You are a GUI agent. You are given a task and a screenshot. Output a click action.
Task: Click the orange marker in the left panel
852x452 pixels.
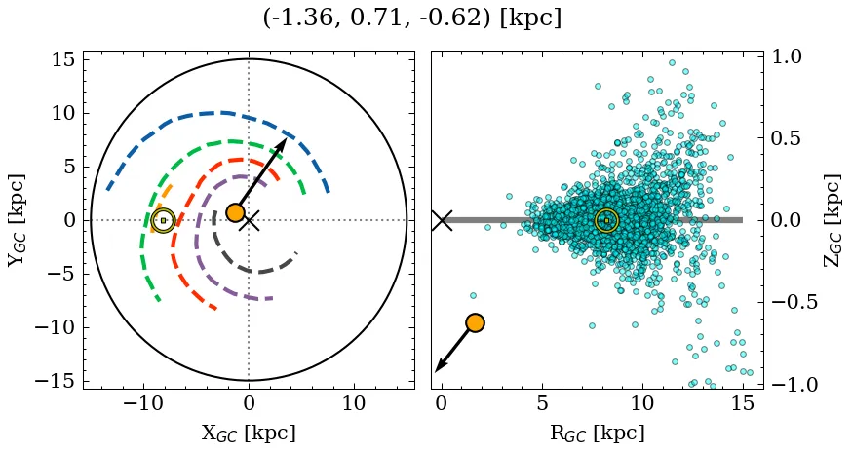235,212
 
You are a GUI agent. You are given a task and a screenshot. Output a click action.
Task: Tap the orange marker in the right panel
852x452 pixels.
475,322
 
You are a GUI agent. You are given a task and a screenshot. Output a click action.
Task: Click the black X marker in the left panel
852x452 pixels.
250,220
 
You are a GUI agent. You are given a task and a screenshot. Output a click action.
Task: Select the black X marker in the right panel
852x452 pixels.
442,220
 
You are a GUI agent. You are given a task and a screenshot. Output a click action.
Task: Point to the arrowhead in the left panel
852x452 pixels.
283,143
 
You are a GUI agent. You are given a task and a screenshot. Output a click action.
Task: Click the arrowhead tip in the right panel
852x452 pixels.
436,371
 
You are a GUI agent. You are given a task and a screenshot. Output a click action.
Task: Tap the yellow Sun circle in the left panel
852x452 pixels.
163,220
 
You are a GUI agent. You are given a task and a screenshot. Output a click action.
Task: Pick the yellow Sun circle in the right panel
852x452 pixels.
606,220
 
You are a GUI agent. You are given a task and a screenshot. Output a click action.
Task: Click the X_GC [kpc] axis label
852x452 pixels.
249,433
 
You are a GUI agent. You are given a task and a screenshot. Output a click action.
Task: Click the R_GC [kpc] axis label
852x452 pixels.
597,433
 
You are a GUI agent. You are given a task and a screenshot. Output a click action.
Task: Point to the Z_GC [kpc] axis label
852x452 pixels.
833,220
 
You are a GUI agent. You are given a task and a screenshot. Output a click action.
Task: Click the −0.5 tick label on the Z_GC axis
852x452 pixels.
798,303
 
